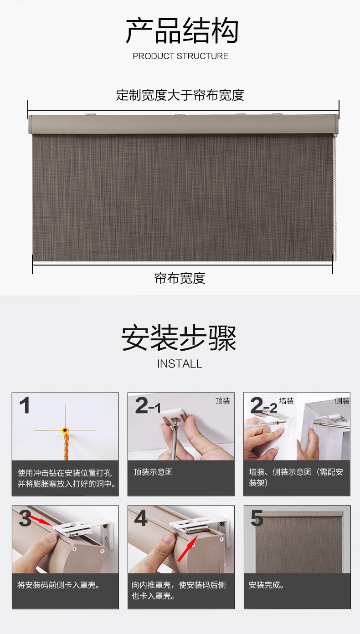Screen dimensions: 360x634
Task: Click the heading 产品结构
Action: click(x=182, y=30)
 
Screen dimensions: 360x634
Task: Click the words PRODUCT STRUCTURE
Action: click(x=180, y=56)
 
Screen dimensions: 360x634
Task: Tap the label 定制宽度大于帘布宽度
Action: click(x=180, y=95)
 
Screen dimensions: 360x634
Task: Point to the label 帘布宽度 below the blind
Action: click(x=180, y=278)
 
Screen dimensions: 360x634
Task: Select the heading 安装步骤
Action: click(x=179, y=338)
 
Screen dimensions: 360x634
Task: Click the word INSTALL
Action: click(x=180, y=364)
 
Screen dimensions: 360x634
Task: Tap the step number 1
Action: click(x=25, y=405)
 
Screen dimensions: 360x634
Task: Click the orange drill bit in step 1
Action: click(x=66, y=443)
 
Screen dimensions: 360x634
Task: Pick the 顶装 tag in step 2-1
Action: click(x=223, y=401)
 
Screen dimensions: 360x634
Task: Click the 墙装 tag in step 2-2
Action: click(x=286, y=401)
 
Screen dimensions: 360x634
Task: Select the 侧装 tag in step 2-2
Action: click(x=342, y=401)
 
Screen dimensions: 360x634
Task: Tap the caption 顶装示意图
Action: click(x=153, y=472)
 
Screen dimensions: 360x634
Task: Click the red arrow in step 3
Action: click(x=41, y=520)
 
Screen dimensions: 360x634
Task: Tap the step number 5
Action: click(x=257, y=518)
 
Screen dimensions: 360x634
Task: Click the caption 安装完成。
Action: click(x=266, y=585)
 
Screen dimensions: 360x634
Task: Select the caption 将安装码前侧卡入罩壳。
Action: click(x=59, y=585)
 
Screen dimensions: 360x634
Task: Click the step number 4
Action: click(x=141, y=518)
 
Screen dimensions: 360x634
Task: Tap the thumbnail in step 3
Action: click(x=66, y=539)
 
